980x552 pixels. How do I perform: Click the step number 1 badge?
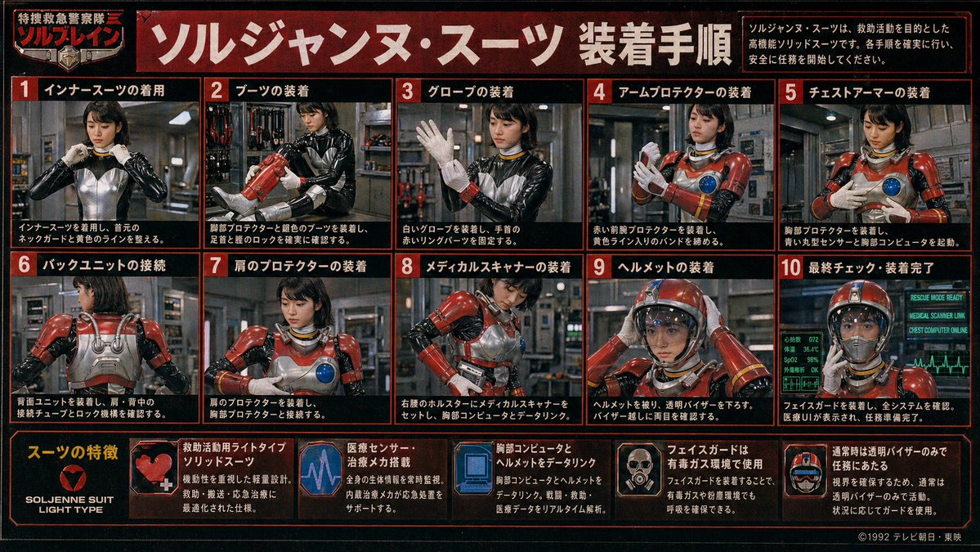pyautogui.click(x=24, y=90)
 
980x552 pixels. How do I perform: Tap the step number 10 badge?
pyautogui.click(x=791, y=267)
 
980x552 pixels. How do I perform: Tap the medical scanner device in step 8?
pyautogui.click(x=472, y=372)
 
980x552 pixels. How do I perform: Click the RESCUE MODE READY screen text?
pyautogui.click(x=936, y=298)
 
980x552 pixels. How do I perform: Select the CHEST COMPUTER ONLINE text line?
pyautogui.click(x=936, y=330)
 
